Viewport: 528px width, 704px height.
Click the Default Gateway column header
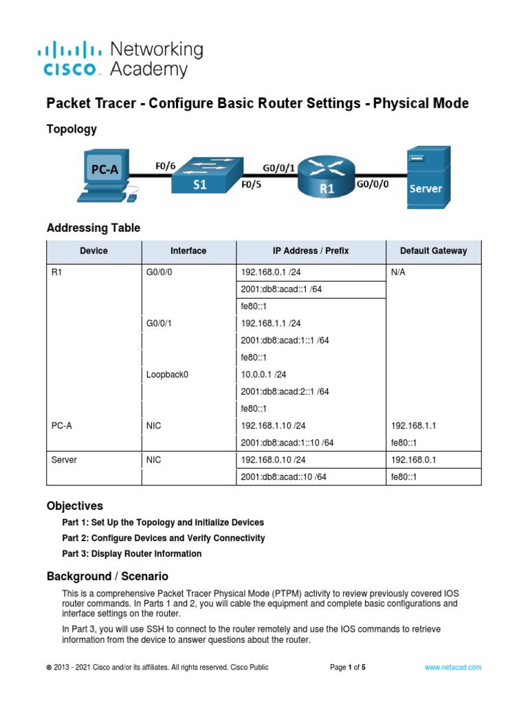(433, 251)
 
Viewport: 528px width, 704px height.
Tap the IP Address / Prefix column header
(310, 251)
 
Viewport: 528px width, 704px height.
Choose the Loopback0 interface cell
(167, 375)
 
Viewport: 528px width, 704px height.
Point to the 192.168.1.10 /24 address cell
(274, 426)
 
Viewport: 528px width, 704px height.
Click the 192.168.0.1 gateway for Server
(412, 460)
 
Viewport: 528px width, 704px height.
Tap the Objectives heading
(74, 506)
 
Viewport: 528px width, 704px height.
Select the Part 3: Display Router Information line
(132, 553)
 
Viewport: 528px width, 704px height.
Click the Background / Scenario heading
(107, 576)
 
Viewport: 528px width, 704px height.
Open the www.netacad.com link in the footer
(452, 668)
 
